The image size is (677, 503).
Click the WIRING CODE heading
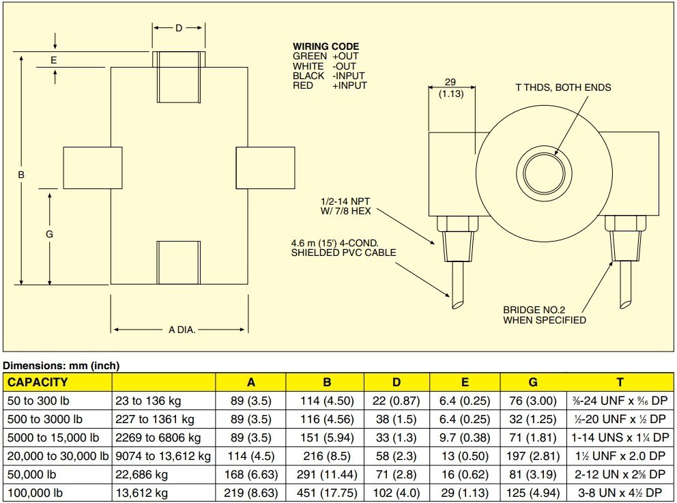[x=326, y=46]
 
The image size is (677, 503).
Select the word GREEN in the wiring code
[x=308, y=56]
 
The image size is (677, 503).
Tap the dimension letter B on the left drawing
[x=21, y=175]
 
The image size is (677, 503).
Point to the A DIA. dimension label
[x=182, y=330]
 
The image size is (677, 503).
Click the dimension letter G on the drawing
[x=49, y=234]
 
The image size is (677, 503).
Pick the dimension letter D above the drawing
[x=178, y=28]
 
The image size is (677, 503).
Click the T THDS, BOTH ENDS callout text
[x=563, y=87]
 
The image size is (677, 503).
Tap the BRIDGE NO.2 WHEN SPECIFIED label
[x=544, y=315]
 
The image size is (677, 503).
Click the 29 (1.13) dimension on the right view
[x=450, y=87]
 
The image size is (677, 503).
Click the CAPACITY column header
[x=38, y=382]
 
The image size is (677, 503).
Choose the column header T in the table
[x=620, y=382]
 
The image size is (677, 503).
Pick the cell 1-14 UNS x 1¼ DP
[x=619, y=437]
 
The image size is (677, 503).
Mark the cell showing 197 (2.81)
[x=532, y=456]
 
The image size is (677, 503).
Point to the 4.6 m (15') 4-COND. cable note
[x=344, y=248]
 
